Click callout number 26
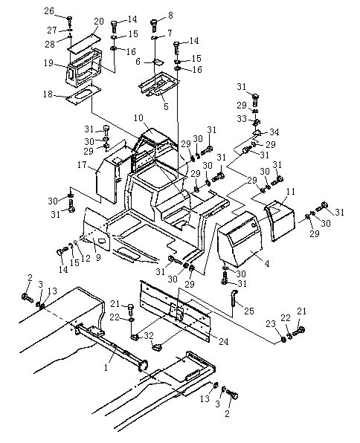tap(49, 11)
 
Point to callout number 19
tap(48, 62)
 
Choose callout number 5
tap(166, 106)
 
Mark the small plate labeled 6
tap(158, 62)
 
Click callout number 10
tap(138, 118)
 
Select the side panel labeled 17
tap(107, 179)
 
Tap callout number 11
tap(290, 192)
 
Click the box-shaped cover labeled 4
tap(240, 239)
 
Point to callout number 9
tap(98, 258)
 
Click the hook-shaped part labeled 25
tap(234, 298)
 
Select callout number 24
tap(223, 342)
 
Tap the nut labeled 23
tap(283, 339)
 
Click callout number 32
tap(149, 336)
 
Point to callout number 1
tap(106, 368)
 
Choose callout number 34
tap(274, 132)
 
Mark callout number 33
tap(242, 119)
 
